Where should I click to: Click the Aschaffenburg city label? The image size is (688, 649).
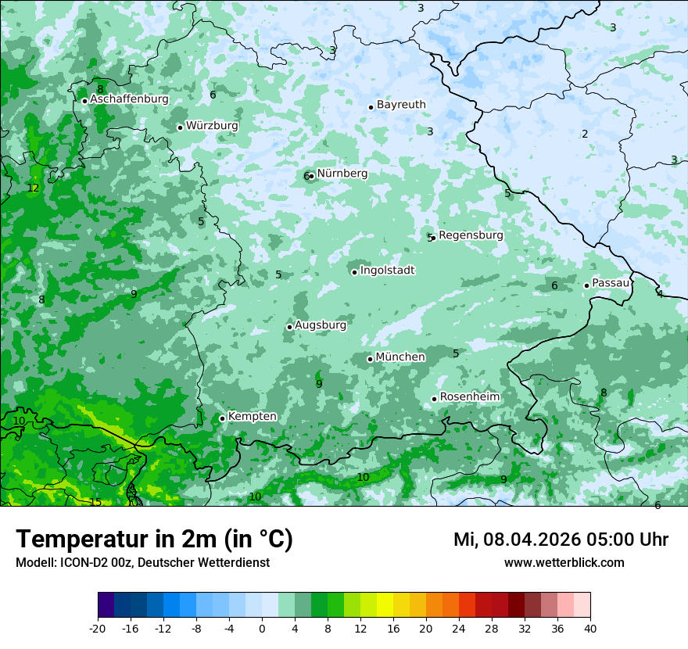(x=129, y=99)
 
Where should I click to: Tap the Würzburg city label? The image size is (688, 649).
(x=212, y=126)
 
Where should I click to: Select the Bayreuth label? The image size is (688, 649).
(x=401, y=105)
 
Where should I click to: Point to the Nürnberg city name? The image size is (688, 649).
(x=342, y=174)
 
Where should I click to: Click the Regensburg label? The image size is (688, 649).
(x=471, y=235)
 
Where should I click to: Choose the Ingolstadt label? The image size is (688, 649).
(x=387, y=271)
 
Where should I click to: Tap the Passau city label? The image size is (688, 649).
(x=611, y=283)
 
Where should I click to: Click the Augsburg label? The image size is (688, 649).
(x=321, y=325)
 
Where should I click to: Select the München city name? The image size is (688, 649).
(x=400, y=357)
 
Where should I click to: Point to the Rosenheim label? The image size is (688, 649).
(x=470, y=397)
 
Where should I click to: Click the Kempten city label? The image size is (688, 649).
(x=252, y=417)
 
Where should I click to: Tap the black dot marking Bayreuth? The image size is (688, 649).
(x=371, y=107)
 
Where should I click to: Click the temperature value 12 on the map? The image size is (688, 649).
(x=33, y=188)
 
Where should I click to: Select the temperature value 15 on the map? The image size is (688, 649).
(x=95, y=502)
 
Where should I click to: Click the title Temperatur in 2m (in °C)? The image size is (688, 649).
(x=154, y=540)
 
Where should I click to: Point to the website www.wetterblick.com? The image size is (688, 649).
(x=564, y=562)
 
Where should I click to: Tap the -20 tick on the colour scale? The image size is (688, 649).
(x=98, y=628)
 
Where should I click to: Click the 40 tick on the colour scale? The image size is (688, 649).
(x=589, y=628)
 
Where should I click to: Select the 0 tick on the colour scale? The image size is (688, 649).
(x=262, y=628)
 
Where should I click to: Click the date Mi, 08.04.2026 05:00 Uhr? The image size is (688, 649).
(x=561, y=540)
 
